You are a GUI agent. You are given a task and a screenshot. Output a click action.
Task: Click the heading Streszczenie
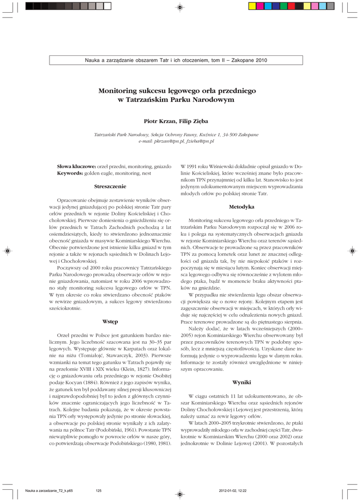(110, 186)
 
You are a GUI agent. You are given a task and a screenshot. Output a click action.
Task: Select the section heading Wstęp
(110, 321)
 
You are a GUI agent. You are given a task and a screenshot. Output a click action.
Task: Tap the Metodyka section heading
(242, 207)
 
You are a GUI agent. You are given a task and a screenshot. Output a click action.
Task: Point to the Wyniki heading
(242, 381)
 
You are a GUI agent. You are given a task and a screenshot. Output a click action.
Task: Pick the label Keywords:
(71, 174)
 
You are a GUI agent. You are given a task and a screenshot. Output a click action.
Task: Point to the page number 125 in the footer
(99, 490)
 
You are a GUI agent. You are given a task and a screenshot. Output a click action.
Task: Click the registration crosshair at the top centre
(180, 7)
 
